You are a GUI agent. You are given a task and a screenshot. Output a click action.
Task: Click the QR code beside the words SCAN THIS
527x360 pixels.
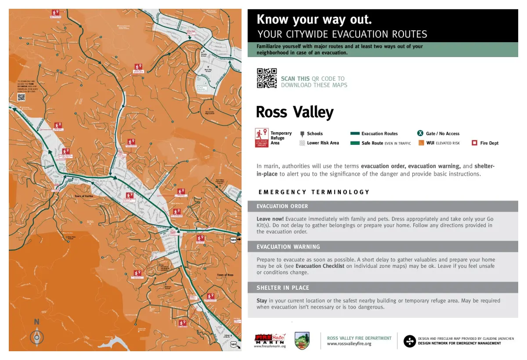(x=267, y=78)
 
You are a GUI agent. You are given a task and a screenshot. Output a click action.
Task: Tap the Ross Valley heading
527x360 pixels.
(x=295, y=112)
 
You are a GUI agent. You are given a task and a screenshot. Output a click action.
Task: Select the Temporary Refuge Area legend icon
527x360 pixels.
(x=262, y=138)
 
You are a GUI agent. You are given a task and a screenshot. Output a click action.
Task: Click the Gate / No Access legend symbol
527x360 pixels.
(x=420, y=133)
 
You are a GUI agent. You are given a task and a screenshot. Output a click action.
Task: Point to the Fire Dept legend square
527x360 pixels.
(x=474, y=143)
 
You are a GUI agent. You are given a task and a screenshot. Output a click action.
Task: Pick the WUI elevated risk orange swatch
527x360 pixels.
(x=421, y=143)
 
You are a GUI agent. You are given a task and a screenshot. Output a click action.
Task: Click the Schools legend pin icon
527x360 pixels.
(x=302, y=134)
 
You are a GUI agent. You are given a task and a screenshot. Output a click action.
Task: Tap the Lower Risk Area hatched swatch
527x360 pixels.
(x=302, y=143)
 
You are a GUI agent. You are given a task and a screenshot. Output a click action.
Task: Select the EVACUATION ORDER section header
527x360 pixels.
(x=282, y=206)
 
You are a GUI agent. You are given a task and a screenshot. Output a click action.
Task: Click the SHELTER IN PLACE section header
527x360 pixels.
(x=283, y=288)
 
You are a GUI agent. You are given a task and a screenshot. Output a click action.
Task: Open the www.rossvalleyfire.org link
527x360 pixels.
(x=349, y=344)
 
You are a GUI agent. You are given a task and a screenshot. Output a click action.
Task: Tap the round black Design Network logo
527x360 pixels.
(x=409, y=341)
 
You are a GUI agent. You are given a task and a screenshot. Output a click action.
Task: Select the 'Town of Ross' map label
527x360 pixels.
(x=225, y=275)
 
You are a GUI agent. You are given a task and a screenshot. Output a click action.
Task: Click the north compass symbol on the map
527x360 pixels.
(x=37, y=336)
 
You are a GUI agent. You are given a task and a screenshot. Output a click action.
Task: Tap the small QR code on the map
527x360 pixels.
(x=21, y=97)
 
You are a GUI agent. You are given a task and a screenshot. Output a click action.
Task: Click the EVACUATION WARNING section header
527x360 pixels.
(x=288, y=247)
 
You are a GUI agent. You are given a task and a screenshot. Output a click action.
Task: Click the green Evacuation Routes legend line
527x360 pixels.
(x=355, y=133)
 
